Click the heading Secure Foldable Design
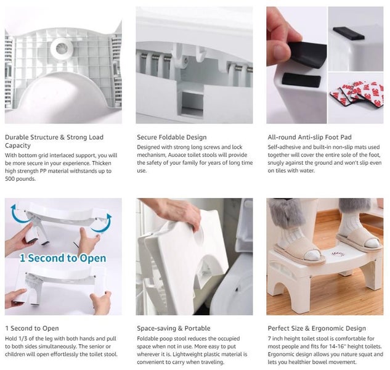(171, 138)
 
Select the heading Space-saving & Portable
(173, 329)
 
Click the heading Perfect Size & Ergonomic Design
(317, 329)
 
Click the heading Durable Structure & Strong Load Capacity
(54, 141)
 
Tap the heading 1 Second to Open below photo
(32, 329)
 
